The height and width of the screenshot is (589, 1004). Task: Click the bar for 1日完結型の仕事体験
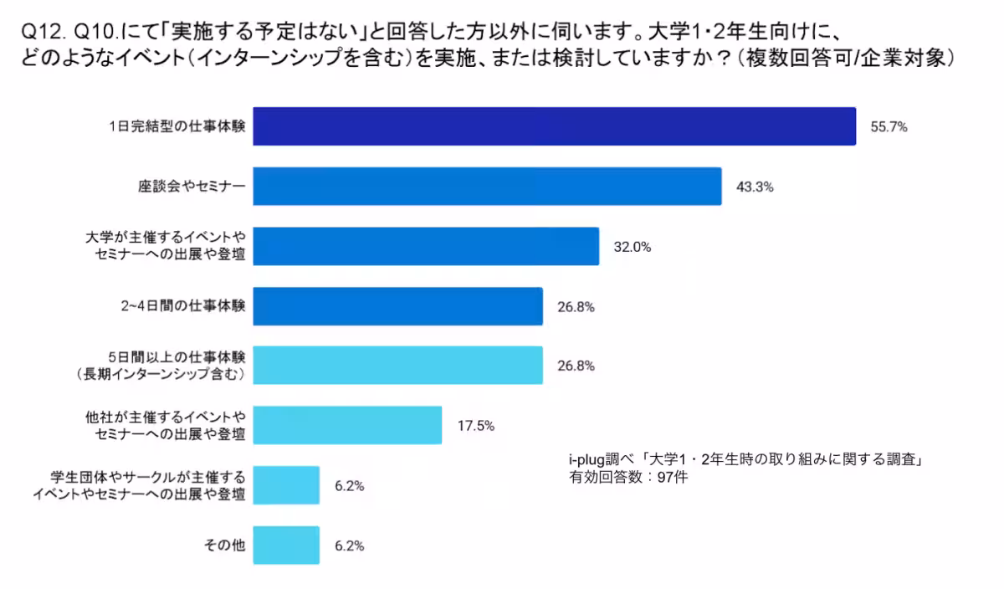point(554,126)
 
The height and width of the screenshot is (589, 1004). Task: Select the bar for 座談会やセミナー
point(487,187)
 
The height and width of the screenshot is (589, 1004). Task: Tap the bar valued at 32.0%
point(426,246)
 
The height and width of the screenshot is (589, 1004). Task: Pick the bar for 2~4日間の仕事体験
point(397,306)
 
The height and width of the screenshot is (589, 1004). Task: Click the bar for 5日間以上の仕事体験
point(397,366)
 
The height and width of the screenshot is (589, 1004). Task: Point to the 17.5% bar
point(347,425)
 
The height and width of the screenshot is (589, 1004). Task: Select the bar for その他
point(286,545)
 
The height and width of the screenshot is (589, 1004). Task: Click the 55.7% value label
point(889,127)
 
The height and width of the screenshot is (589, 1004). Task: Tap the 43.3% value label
point(755,187)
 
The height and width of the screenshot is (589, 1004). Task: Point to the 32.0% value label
point(633,247)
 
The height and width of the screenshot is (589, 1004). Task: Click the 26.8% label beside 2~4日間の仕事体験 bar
point(576,306)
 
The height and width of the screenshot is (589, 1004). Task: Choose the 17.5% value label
point(475,426)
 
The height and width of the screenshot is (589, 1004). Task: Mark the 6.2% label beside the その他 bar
point(349,545)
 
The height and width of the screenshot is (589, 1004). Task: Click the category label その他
point(225,545)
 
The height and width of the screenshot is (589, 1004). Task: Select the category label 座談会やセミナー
point(192,187)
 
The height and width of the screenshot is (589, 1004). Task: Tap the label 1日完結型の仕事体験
point(177,127)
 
